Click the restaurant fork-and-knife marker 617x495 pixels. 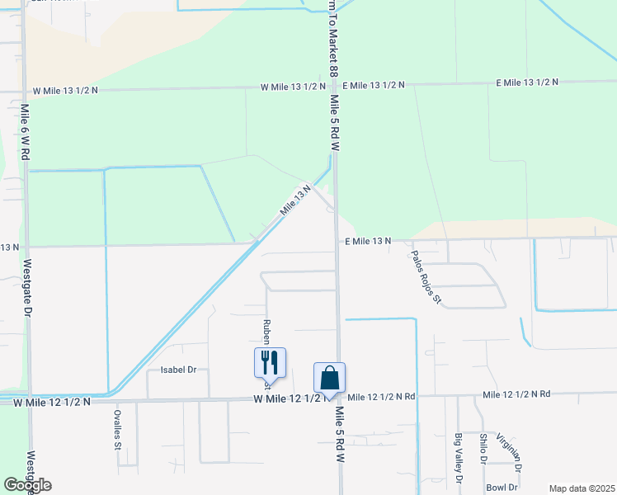pos(270,362)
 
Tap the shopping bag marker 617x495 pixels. pos(329,379)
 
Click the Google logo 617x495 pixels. pos(28,485)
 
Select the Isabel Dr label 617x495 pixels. pos(177,370)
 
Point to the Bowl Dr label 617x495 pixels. pos(501,487)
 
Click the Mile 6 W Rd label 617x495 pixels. pos(26,131)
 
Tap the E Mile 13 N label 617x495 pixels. pos(366,240)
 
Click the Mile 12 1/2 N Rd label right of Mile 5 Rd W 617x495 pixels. pos(381,397)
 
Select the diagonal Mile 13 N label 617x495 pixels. pos(294,200)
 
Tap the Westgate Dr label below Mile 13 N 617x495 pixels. pos(27,289)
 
